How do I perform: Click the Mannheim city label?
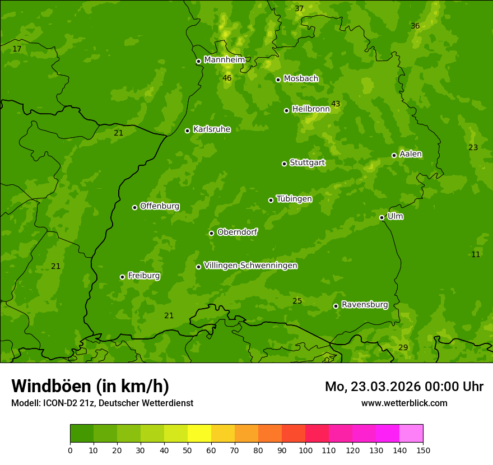click(x=224, y=59)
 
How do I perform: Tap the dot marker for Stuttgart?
click(x=284, y=164)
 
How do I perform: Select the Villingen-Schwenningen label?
click(x=250, y=266)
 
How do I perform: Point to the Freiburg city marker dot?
click(x=122, y=277)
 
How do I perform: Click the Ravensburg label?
click(x=364, y=305)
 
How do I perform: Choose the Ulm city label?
click(x=395, y=216)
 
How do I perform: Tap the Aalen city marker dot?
click(x=394, y=155)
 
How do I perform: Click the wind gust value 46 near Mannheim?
click(x=227, y=78)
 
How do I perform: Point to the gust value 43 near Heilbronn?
click(x=336, y=104)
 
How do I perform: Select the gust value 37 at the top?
click(x=299, y=8)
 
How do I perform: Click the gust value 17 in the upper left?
click(x=17, y=49)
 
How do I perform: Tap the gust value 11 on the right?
click(x=475, y=254)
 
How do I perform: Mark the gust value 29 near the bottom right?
click(x=403, y=347)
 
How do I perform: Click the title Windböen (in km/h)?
click(x=90, y=386)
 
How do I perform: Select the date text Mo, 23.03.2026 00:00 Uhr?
click(x=404, y=387)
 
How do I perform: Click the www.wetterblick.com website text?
click(x=404, y=403)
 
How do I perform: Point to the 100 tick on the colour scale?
click(x=305, y=450)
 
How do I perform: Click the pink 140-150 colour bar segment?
click(x=411, y=434)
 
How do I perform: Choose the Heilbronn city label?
click(x=311, y=109)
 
